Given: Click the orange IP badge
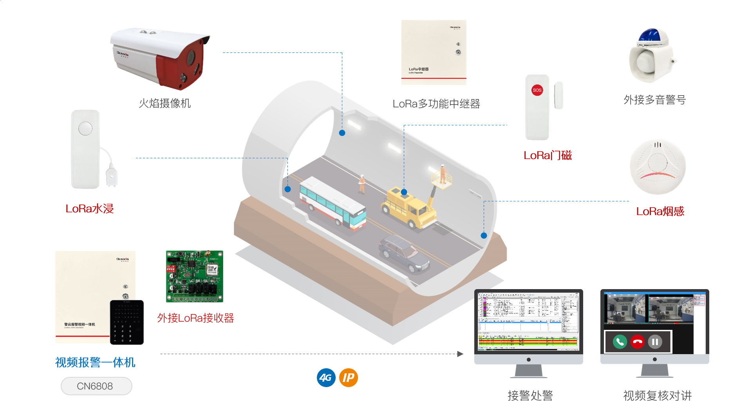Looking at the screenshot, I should coord(348,378).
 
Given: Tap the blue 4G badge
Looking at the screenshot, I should coord(326,378).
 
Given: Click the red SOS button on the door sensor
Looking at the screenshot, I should coord(537,90).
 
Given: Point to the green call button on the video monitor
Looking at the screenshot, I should coord(620,342).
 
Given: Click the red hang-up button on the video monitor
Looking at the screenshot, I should coord(638,342).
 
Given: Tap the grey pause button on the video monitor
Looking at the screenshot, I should coord(655,342).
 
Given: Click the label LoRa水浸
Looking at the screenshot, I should coord(89,209).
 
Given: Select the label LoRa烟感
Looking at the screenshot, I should coord(660,212).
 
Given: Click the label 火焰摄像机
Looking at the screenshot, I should coord(164,103).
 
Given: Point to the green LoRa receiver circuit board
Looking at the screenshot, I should coord(194,276).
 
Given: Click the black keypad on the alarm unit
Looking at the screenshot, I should coord(127,322).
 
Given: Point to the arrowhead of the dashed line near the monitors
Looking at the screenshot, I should coord(461,354).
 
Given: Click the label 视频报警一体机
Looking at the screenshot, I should coord(95,362).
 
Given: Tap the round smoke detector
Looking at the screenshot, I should coord(658,167).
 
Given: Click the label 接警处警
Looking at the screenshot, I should coord(530,396).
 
